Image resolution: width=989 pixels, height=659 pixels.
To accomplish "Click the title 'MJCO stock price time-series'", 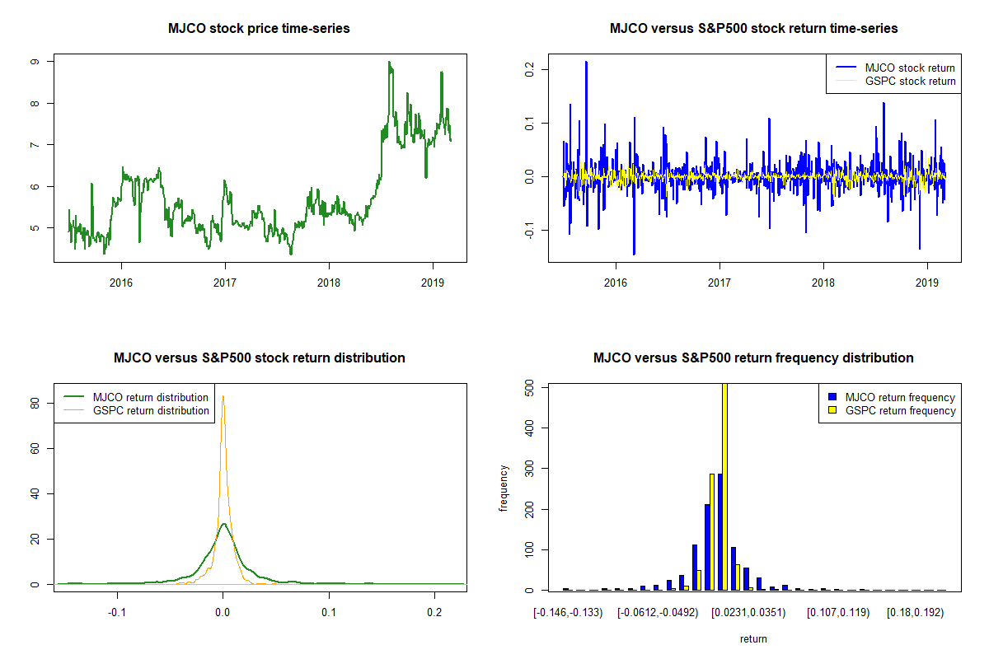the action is click(x=259, y=28).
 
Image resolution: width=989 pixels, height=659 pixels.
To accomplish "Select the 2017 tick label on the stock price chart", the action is click(x=225, y=283).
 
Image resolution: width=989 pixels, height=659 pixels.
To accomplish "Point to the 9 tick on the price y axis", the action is click(x=35, y=61).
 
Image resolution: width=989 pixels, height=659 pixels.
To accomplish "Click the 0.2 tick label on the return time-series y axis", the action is click(x=529, y=69).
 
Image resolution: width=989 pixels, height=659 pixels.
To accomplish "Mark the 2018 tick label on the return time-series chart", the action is click(x=823, y=283).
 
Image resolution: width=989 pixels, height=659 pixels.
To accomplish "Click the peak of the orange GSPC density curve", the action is click(x=223, y=396).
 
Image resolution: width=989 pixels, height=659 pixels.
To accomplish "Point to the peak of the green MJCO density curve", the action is click(x=224, y=523).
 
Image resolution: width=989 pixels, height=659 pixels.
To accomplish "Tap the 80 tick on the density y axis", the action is click(x=35, y=404).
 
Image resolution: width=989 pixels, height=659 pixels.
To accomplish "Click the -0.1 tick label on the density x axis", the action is click(x=117, y=612).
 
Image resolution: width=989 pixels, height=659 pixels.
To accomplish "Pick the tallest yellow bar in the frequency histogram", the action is click(x=724, y=486).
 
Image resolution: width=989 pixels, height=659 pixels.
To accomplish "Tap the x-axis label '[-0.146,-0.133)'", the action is click(x=568, y=613).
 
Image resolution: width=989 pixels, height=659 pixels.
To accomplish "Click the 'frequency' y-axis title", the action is click(x=504, y=488).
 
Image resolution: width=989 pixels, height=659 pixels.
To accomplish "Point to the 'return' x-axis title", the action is click(x=753, y=638).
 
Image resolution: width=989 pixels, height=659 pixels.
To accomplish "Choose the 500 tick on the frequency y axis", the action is click(x=529, y=388).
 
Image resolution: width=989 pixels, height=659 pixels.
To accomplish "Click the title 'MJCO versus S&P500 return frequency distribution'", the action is click(x=753, y=358).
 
